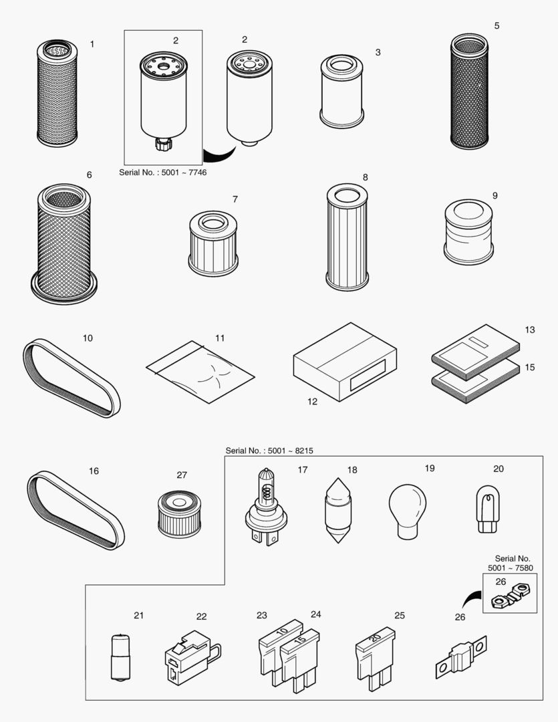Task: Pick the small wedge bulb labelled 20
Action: pos(487,508)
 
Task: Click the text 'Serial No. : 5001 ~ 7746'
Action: pos(163,172)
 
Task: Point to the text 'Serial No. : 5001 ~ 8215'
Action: pos(269,451)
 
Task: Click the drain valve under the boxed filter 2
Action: pos(162,143)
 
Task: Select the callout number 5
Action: pos(497,25)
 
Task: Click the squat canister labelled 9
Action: pos(469,231)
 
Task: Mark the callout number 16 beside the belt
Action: pos(94,471)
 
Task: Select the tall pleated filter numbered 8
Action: pos(346,237)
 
